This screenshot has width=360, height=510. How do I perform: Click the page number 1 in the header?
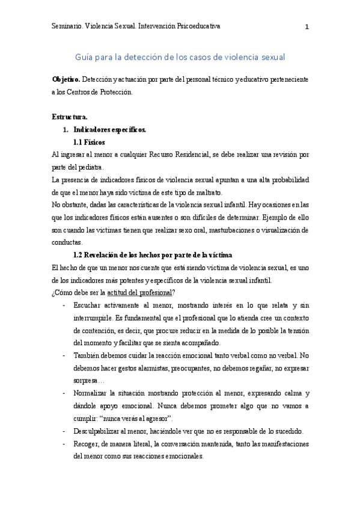coord(307,27)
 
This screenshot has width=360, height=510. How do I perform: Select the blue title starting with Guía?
coord(180,57)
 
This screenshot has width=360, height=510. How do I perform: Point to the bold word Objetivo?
coord(66,79)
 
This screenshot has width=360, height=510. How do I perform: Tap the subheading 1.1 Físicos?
coord(89,142)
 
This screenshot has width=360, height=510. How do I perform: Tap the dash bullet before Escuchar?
coord(64,306)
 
